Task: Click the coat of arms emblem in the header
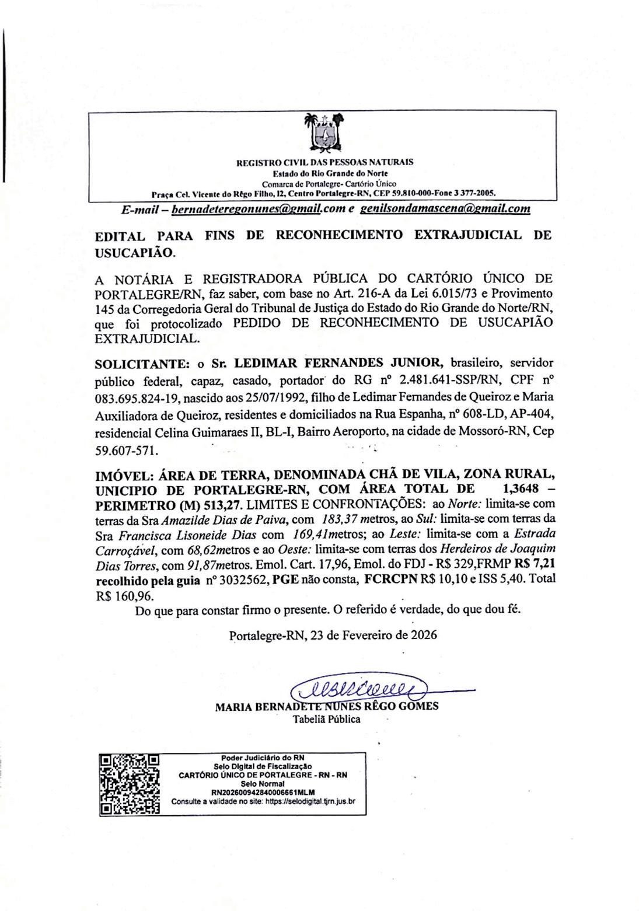click(x=322, y=132)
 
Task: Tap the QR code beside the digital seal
click(x=130, y=784)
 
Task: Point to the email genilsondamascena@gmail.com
click(x=445, y=209)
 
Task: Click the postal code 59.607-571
click(x=125, y=451)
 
